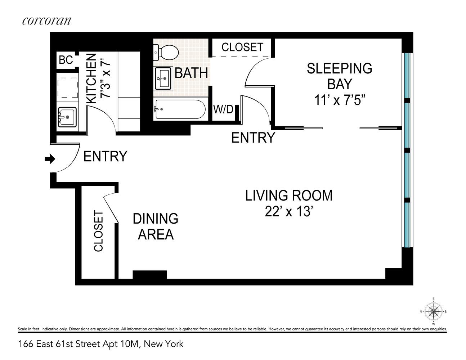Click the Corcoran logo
point(46,21)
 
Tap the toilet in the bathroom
point(166,53)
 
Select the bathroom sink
point(163,78)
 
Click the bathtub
point(180,109)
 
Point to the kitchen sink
point(67,117)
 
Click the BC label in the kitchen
point(66,60)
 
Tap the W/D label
point(223,109)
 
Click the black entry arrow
point(50,159)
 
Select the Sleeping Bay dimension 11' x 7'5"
point(340,100)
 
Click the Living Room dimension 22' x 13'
point(289,212)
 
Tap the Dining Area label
point(156,226)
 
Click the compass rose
point(434,311)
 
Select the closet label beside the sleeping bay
point(242,47)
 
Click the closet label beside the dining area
point(99,231)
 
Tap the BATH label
point(191,73)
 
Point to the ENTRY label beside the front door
point(105,156)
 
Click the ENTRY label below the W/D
point(253,138)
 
